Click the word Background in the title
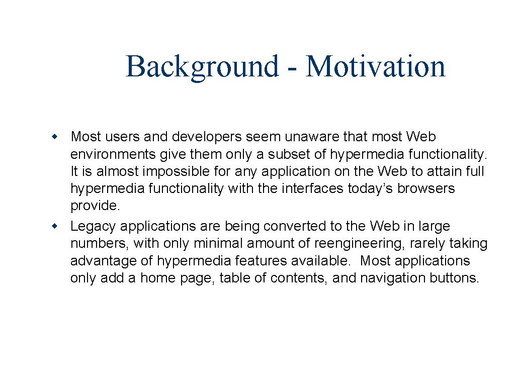[x=202, y=67]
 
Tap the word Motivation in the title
[x=375, y=66]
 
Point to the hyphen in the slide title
[x=292, y=70]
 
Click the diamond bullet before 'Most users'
[x=54, y=137]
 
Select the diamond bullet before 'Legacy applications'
[x=54, y=226]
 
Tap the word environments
[x=113, y=154]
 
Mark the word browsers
[x=426, y=188]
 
